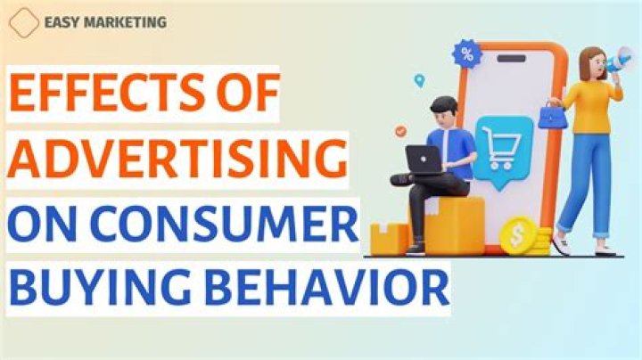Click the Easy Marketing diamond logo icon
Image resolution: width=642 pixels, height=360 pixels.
[24, 23]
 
